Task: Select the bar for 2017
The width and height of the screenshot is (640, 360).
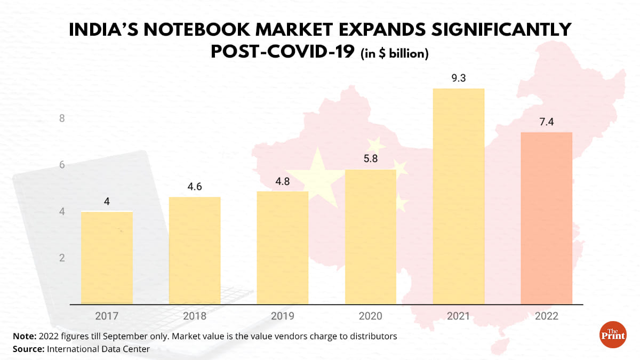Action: [107, 258]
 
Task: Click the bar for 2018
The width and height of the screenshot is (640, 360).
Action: [195, 251]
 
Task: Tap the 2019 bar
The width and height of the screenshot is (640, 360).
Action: [283, 248]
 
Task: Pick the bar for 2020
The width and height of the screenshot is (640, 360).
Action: [371, 237]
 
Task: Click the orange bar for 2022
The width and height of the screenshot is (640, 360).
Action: [547, 218]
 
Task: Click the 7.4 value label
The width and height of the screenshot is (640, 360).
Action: [547, 122]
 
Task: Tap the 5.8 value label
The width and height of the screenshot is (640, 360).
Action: [371, 159]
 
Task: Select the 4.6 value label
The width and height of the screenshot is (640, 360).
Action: [195, 187]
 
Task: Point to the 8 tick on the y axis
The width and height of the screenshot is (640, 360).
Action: [62, 118]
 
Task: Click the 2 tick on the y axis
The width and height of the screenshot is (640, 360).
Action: [62, 258]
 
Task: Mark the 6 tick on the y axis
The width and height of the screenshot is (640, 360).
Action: [62, 165]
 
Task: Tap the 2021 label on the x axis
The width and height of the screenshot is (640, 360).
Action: [459, 316]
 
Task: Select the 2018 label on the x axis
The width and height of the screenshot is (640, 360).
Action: [195, 316]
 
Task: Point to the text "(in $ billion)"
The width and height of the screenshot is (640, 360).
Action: [395, 54]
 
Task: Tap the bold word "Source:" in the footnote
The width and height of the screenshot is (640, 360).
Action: [28, 349]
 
